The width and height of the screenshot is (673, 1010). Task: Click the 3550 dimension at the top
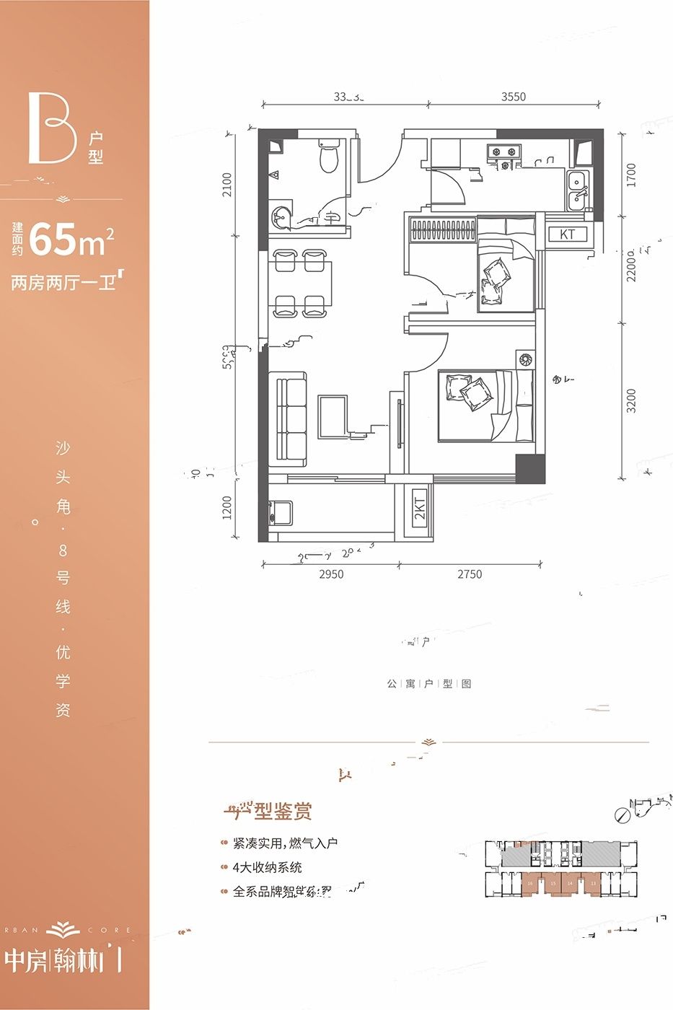click(x=514, y=97)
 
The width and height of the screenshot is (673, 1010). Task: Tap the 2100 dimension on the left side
click(x=228, y=185)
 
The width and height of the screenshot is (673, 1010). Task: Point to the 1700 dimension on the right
click(x=632, y=175)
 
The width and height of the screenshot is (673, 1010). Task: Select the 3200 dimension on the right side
click(x=632, y=400)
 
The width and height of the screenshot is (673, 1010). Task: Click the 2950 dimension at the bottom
click(x=331, y=575)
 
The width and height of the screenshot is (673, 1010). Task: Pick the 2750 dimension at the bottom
click(x=469, y=575)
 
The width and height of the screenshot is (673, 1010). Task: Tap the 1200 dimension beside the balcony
click(x=228, y=507)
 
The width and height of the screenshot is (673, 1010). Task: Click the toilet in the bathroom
click(x=329, y=157)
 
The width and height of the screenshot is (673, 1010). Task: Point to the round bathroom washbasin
click(x=281, y=216)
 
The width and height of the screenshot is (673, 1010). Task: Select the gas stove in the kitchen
click(x=503, y=151)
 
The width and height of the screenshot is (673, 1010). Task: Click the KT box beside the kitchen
click(x=567, y=234)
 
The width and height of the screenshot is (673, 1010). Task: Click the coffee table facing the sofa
click(x=333, y=416)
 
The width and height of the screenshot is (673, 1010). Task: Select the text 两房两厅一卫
click(x=63, y=282)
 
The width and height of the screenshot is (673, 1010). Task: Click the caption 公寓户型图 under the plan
click(x=428, y=683)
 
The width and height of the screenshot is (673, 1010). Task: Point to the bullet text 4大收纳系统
click(x=267, y=868)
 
